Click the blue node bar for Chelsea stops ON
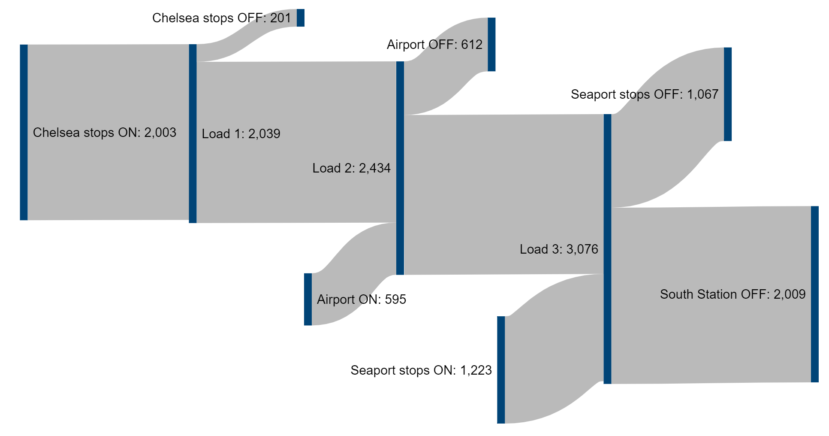[x=24, y=132]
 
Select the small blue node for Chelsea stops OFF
[x=300, y=18]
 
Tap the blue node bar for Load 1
[x=193, y=133]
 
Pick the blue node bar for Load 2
[x=400, y=168]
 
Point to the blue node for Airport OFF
[x=491, y=44]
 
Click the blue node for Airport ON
[x=308, y=299]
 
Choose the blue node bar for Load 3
[x=607, y=249]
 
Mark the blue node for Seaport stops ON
[x=501, y=370]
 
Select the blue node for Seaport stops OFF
[x=728, y=94]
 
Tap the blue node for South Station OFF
[x=815, y=294]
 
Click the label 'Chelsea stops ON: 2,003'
[x=105, y=132]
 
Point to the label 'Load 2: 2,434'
[x=351, y=168]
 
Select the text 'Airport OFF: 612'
[x=434, y=44]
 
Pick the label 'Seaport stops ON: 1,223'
[x=421, y=370]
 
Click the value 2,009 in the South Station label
[x=790, y=294]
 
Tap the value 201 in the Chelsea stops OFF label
[x=280, y=18]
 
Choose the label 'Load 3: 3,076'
[x=559, y=249]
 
